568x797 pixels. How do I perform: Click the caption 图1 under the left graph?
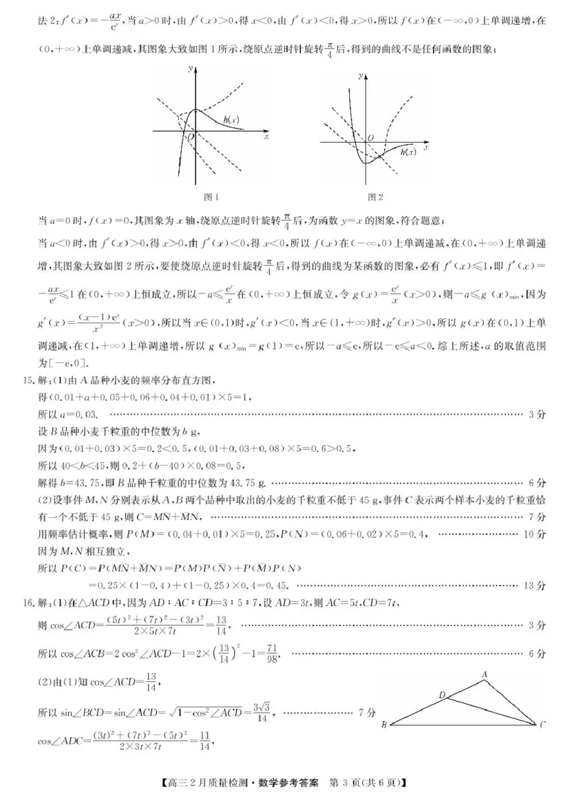coord(210,197)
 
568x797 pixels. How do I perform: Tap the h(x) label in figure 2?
coord(408,152)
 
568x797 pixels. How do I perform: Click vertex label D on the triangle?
coord(442,694)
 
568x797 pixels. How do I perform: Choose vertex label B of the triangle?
coord(383,725)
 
